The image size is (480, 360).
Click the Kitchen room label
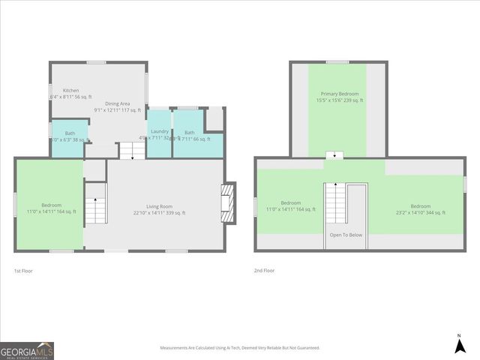coord(71,91)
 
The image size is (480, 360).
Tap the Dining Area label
coord(117,103)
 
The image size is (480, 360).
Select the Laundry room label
coord(159,131)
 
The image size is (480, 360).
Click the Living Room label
coord(159,206)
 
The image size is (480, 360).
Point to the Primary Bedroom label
coord(337,94)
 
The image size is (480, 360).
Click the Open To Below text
coord(346,235)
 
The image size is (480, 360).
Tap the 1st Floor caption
coord(23,271)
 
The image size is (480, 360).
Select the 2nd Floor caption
coord(265,271)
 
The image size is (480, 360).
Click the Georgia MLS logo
coord(27,351)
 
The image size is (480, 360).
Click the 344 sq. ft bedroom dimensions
coord(420,213)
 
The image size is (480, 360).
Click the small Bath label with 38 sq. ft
coord(70,140)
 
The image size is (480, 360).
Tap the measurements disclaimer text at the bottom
coord(240,348)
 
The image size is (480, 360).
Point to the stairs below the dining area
coord(131,150)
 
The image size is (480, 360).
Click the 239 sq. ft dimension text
coord(340,100)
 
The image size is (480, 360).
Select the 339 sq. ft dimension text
coord(159,213)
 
